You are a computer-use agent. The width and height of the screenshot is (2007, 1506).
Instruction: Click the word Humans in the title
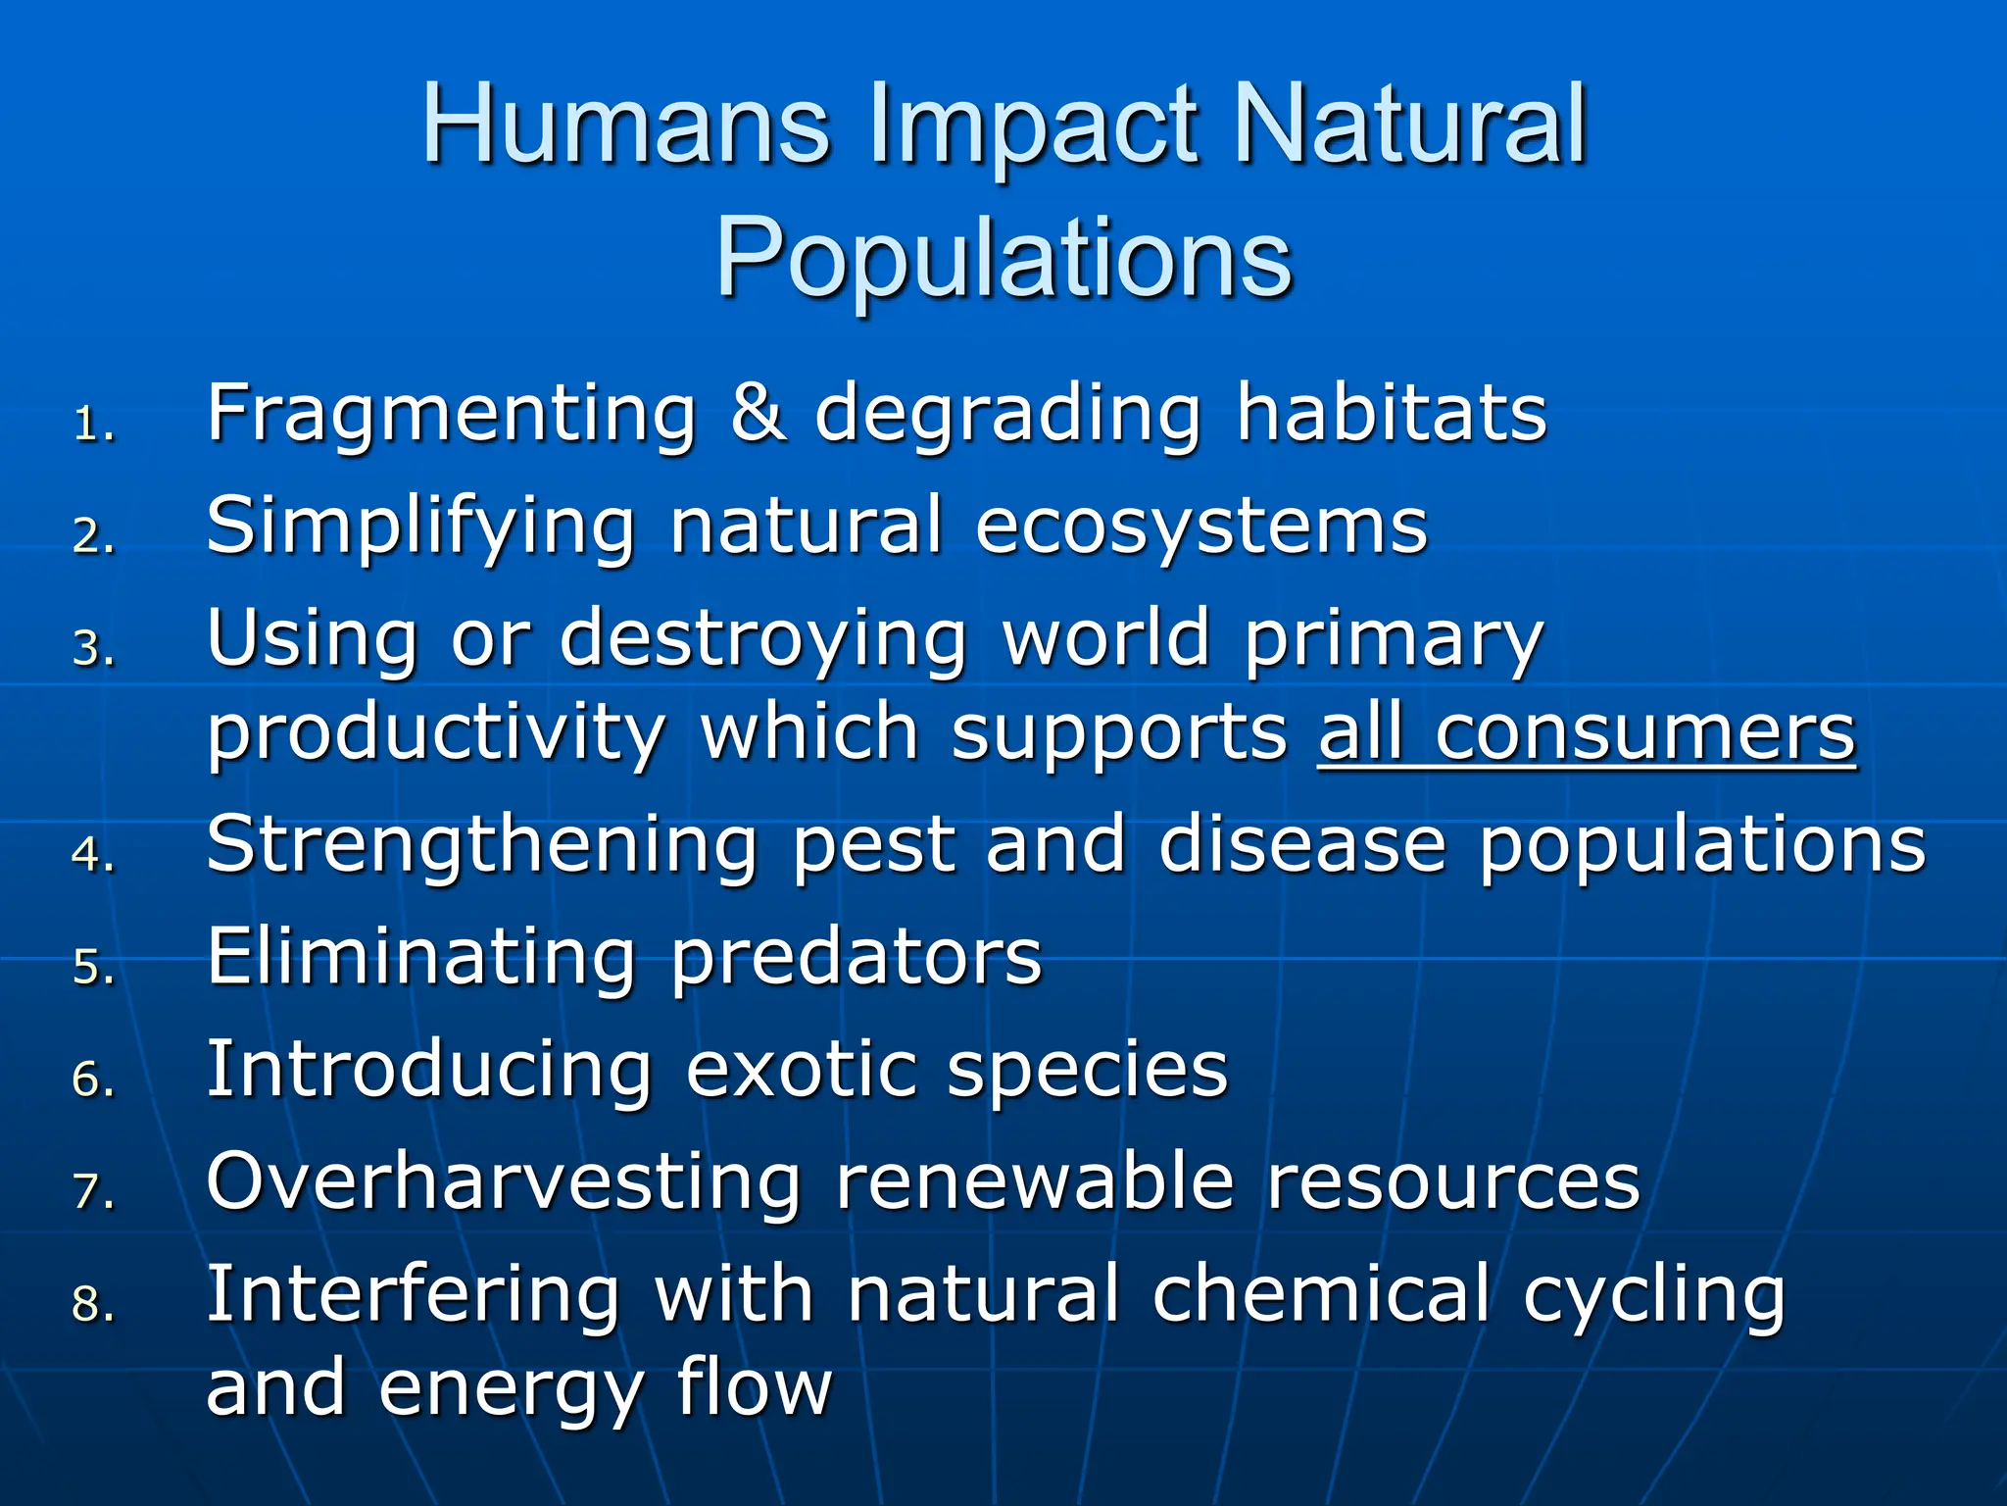pos(626,125)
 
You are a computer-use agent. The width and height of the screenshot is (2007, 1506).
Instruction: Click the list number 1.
pos(93,425)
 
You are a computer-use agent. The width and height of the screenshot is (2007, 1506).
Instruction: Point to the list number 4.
pos(93,854)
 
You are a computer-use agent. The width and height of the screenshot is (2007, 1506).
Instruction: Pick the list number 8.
pos(93,1305)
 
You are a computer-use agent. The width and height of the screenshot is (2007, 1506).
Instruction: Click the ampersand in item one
pos(757,413)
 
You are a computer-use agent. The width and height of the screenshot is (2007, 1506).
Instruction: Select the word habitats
pos(1392,413)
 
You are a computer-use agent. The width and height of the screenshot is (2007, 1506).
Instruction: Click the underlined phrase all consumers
pos(1587,732)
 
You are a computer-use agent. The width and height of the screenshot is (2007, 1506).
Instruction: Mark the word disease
pos(1302,844)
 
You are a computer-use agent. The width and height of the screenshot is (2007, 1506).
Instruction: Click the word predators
pos(857,958)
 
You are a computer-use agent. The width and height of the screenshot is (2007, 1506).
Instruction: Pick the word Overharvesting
pos(504,1181)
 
